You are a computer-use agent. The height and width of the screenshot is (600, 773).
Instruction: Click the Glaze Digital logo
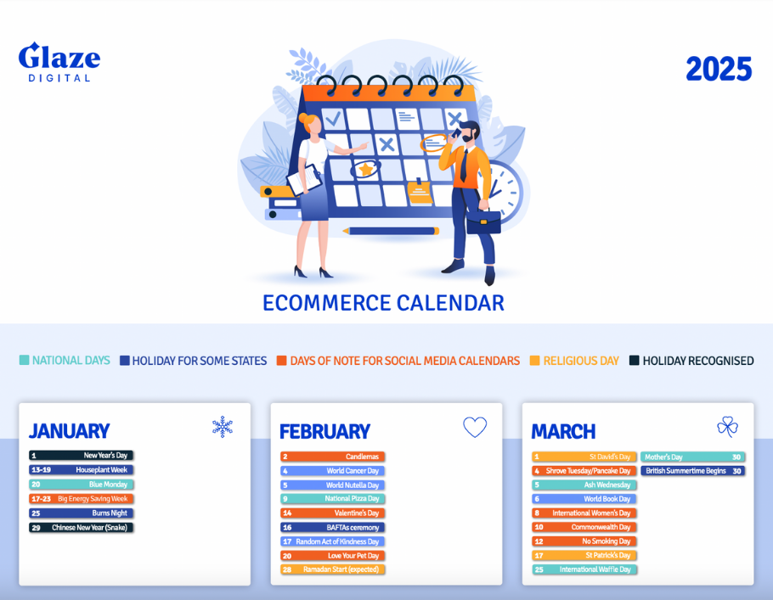pyautogui.click(x=59, y=62)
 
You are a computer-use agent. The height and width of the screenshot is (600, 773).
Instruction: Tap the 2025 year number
pyautogui.click(x=719, y=70)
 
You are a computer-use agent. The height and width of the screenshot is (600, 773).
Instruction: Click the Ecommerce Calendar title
pyautogui.click(x=383, y=303)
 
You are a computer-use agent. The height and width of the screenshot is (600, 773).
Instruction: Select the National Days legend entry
pyautogui.click(x=65, y=361)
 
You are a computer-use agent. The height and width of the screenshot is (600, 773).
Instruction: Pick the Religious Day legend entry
pyautogui.click(x=574, y=361)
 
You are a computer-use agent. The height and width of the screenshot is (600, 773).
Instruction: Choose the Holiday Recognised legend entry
pyautogui.click(x=691, y=361)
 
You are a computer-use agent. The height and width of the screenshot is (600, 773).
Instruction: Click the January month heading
pyautogui.click(x=69, y=431)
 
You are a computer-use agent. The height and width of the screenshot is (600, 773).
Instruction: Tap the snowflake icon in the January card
pyautogui.click(x=223, y=427)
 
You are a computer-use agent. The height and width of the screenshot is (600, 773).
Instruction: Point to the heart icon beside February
pyautogui.click(x=475, y=427)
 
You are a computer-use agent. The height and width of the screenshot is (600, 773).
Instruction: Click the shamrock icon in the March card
pyautogui.click(x=727, y=427)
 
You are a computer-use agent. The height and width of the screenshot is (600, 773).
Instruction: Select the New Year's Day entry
pyautogui.click(x=82, y=456)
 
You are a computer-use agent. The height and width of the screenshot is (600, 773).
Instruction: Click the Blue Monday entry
pyautogui.click(x=82, y=485)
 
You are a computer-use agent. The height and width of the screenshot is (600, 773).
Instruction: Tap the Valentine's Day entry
pyautogui.click(x=333, y=513)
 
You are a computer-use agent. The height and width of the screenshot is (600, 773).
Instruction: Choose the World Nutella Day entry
pyautogui.click(x=333, y=485)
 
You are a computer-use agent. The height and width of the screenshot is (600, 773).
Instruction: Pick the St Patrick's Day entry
pyautogui.click(x=584, y=555)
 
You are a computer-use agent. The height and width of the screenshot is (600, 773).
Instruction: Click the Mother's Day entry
pyautogui.click(x=692, y=457)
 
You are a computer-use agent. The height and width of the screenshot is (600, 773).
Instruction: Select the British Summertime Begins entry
pyautogui.click(x=692, y=471)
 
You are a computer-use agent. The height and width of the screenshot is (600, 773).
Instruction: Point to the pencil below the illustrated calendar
pyautogui.click(x=392, y=231)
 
